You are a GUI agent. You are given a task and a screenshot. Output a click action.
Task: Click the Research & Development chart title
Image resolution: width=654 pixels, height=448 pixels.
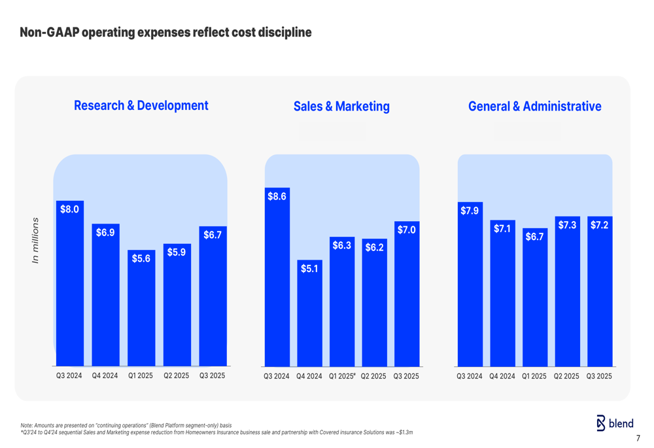coord(141,105)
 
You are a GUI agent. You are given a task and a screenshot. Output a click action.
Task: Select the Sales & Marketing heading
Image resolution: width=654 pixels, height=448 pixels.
coord(341,106)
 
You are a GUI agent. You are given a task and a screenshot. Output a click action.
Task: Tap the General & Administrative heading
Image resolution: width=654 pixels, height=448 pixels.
coord(534,106)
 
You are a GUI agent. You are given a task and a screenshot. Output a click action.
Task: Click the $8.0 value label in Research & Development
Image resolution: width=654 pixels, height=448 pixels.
coord(69,209)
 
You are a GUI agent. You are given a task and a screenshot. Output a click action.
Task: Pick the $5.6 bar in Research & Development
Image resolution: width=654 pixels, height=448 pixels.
coord(141,307)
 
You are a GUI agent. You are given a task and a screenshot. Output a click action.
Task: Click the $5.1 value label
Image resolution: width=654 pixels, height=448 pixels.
coord(309,268)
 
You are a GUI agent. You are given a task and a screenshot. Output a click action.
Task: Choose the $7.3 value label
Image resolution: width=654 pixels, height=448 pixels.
coord(567,225)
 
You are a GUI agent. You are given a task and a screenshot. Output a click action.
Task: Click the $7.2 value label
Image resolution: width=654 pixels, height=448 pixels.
coord(600,225)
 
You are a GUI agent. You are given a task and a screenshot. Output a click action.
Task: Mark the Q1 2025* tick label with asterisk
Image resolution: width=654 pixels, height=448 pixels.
coord(342,377)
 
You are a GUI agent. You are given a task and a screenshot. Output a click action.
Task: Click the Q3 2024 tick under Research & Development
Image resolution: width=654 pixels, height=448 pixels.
coord(69,376)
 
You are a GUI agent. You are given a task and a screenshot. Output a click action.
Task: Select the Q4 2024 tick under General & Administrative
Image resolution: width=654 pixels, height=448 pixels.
coord(502,377)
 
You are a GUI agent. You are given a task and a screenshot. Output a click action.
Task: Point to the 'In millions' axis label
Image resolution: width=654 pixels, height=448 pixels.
coord(36,241)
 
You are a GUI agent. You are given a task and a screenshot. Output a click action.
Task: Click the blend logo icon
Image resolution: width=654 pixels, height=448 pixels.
coord(601,423)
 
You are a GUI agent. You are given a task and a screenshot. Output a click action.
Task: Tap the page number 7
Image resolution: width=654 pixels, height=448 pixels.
coord(638,438)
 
